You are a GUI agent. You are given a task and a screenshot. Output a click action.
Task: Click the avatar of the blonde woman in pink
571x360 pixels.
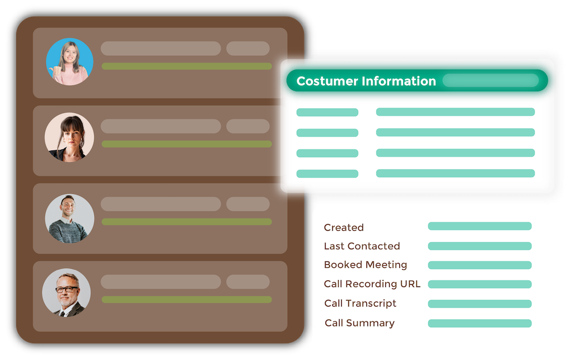point(70,61)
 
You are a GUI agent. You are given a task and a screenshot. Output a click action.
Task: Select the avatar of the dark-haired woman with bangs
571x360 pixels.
point(70,138)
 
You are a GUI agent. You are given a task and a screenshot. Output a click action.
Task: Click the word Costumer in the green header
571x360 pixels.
point(327,81)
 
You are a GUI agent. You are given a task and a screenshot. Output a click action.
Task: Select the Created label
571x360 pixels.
point(343,227)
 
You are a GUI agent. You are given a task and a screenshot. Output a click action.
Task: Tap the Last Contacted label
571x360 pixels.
point(362,246)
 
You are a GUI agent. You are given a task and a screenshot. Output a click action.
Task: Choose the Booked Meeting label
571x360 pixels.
point(365,265)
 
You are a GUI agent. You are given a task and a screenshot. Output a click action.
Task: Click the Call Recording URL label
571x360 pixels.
point(372,284)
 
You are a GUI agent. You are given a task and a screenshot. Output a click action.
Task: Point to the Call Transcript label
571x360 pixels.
point(360,303)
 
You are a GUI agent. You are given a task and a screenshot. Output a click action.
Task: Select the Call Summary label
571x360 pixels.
point(360,323)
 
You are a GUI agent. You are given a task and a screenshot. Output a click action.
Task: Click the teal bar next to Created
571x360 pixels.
point(480,226)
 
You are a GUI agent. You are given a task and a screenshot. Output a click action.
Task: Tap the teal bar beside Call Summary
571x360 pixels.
point(480,323)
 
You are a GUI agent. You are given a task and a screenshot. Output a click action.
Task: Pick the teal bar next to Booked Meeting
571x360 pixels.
point(480,265)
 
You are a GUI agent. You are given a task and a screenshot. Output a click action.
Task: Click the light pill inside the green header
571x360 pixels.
point(491,81)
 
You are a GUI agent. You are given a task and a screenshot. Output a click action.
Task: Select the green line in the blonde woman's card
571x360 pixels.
point(187,66)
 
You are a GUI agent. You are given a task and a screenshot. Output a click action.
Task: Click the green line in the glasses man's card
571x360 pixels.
point(187,299)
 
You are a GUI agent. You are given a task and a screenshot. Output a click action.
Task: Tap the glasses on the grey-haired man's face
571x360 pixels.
point(67,289)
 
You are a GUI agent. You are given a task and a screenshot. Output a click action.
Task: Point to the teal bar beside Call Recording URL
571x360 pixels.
point(480,284)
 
